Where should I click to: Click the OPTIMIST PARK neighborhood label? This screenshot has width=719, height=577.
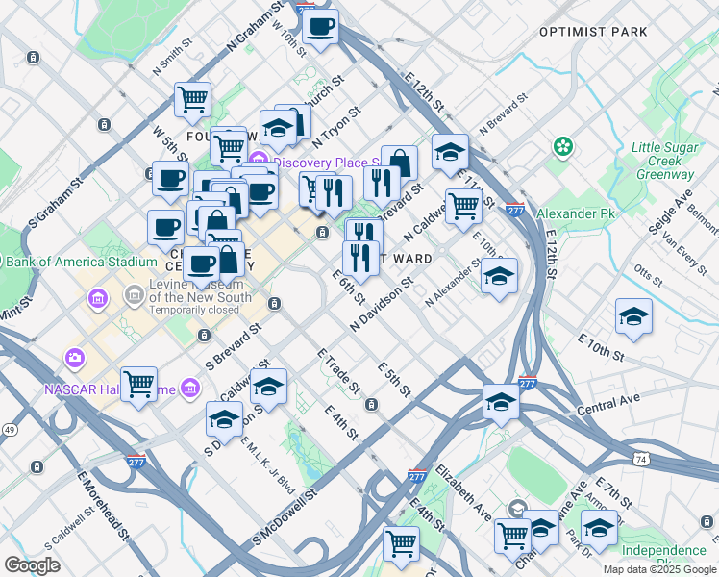(x=593, y=32)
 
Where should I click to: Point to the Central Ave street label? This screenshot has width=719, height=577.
(x=608, y=405)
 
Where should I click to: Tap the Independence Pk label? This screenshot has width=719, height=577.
(x=664, y=552)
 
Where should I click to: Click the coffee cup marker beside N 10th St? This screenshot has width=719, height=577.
(x=320, y=26)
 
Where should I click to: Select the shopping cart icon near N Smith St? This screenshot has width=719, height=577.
(x=192, y=98)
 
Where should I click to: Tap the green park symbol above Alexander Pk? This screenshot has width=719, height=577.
(x=562, y=147)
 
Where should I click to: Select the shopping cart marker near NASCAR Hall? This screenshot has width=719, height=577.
(x=139, y=384)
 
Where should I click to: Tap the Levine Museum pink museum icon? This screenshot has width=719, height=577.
(x=97, y=298)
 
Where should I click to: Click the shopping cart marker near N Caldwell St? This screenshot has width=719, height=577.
(x=464, y=205)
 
